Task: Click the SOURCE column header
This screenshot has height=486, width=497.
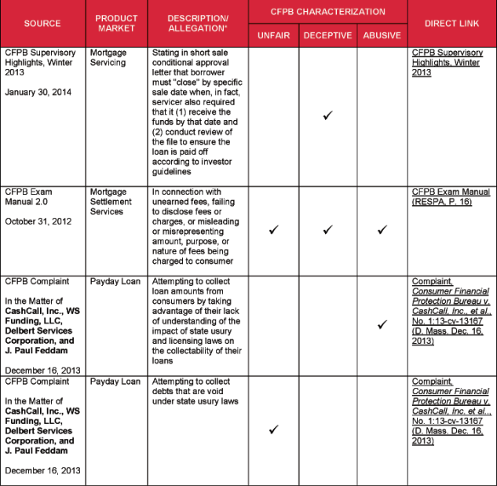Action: (x=42, y=24)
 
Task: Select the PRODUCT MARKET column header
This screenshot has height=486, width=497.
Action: (x=115, y=24)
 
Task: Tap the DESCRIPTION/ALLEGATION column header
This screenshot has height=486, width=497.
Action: (x=198, y=24)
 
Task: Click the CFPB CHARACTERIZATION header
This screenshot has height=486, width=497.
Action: (x=327, y=12)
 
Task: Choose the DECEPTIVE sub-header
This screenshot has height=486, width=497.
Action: (x=327, y=35)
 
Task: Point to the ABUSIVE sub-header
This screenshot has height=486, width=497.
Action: (x=382, y=35)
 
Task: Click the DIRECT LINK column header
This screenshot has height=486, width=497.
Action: (x=451, y=24)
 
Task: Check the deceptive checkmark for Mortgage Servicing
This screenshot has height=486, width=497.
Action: (x=327, y=116)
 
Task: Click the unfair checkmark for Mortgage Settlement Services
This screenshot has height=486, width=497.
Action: (x=273, y=230)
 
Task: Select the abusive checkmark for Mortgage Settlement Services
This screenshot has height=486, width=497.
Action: (x=382, y=230)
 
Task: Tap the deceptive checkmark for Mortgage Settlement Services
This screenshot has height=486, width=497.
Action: (x=327, y=230)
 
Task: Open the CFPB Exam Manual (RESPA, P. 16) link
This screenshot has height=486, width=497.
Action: (x=450, y=196)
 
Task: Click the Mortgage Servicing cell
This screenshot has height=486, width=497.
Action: (x=108, y=57)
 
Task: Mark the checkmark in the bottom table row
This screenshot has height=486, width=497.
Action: (x=273, y=429)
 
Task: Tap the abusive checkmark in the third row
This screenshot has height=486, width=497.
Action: (x=382, y=324)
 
